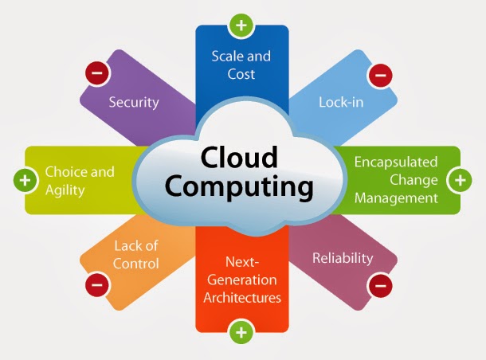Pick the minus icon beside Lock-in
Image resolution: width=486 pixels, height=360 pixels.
coord(378,76)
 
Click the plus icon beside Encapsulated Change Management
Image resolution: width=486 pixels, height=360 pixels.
coord(460,180)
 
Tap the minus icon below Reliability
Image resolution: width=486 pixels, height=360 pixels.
coord(379,283)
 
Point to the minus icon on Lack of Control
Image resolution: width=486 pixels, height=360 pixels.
coord(97,282)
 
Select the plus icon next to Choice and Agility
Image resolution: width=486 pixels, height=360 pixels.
coord(25,180)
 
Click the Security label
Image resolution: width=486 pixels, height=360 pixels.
coord(134,102)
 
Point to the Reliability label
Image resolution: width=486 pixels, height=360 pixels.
coord(343,257)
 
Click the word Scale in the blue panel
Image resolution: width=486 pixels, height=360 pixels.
coord(226,56)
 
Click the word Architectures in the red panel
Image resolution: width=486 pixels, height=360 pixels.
coord(242,299)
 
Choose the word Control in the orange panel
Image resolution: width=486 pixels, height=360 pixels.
coord(136,264)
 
